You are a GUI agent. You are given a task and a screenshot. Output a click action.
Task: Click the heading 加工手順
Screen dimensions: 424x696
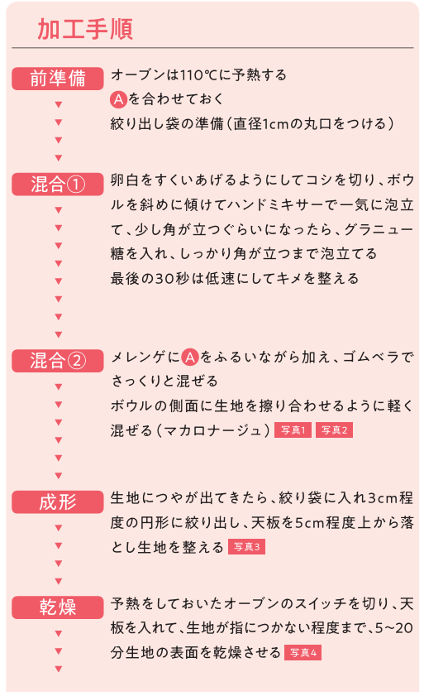click(85, 29)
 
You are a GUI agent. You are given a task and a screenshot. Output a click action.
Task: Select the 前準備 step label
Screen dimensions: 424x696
click(58, 79)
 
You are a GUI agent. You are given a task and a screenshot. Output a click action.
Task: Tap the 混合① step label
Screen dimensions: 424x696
click(58, 185)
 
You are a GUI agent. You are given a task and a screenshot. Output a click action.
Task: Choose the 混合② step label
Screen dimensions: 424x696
click(58, 361)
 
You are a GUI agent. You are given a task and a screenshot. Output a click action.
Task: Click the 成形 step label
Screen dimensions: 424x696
click(58, 502)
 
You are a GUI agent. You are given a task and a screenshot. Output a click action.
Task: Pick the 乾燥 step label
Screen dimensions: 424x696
click(58, 607)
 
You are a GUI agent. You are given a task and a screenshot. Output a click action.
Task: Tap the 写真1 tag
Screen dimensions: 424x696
click(293, 430)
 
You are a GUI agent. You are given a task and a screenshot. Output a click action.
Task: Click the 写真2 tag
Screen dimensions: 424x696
click(335, 430)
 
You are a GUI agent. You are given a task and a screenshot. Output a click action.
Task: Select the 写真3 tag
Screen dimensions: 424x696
click(246, 547)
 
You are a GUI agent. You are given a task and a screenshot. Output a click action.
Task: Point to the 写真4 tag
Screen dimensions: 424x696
click(303, 652)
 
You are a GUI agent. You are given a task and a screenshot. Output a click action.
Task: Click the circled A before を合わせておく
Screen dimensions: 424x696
click(119, 99)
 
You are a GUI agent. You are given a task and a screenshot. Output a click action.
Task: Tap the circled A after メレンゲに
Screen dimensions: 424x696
click(190, 358)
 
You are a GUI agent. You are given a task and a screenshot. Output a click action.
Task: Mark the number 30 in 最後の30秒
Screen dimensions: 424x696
click(165, 279)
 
